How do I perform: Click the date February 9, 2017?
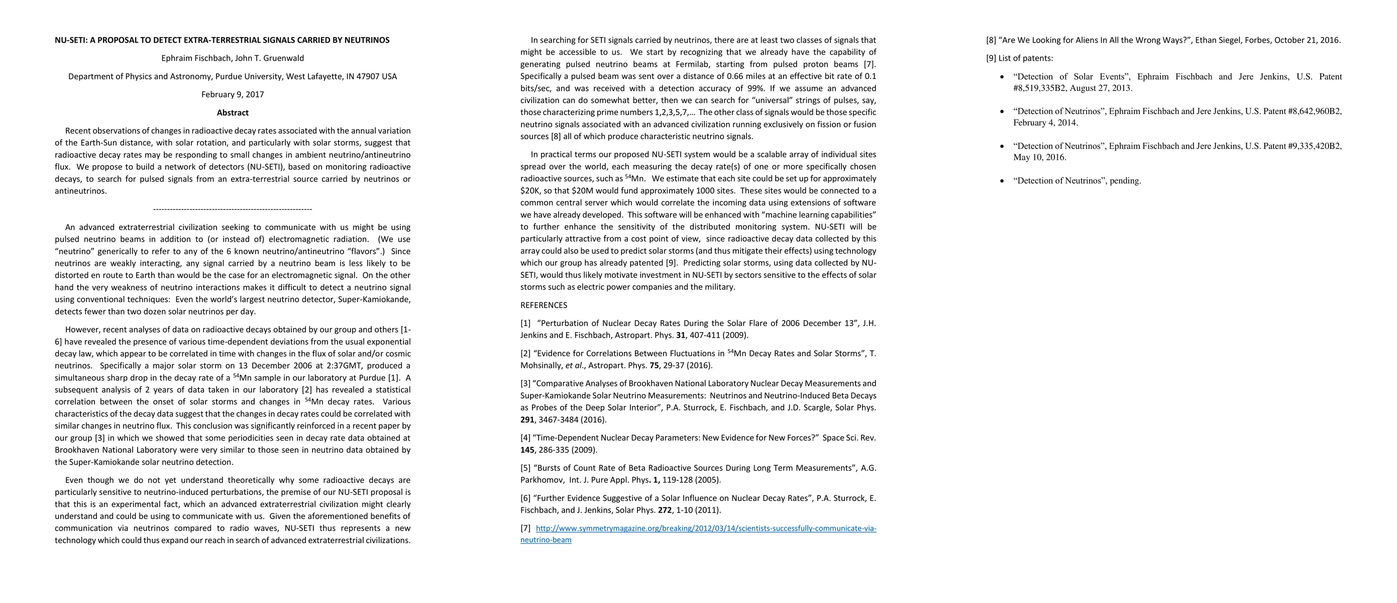coord(233,94)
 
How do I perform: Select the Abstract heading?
coord(233,113)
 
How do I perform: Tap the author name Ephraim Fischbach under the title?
coord(196,58)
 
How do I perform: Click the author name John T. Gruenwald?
coord(270,58)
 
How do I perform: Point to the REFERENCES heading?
coord(544,306)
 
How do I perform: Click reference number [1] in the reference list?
coord(525,324)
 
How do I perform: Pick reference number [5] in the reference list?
coord(525,468)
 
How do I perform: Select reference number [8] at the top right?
coord(991,40)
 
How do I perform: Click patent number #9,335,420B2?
coord(1313,146)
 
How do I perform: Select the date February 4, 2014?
coord(1045,123)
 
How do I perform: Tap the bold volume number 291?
coord(527,420)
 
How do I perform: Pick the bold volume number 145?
coord(527,450)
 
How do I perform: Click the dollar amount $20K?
coord(531,191)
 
